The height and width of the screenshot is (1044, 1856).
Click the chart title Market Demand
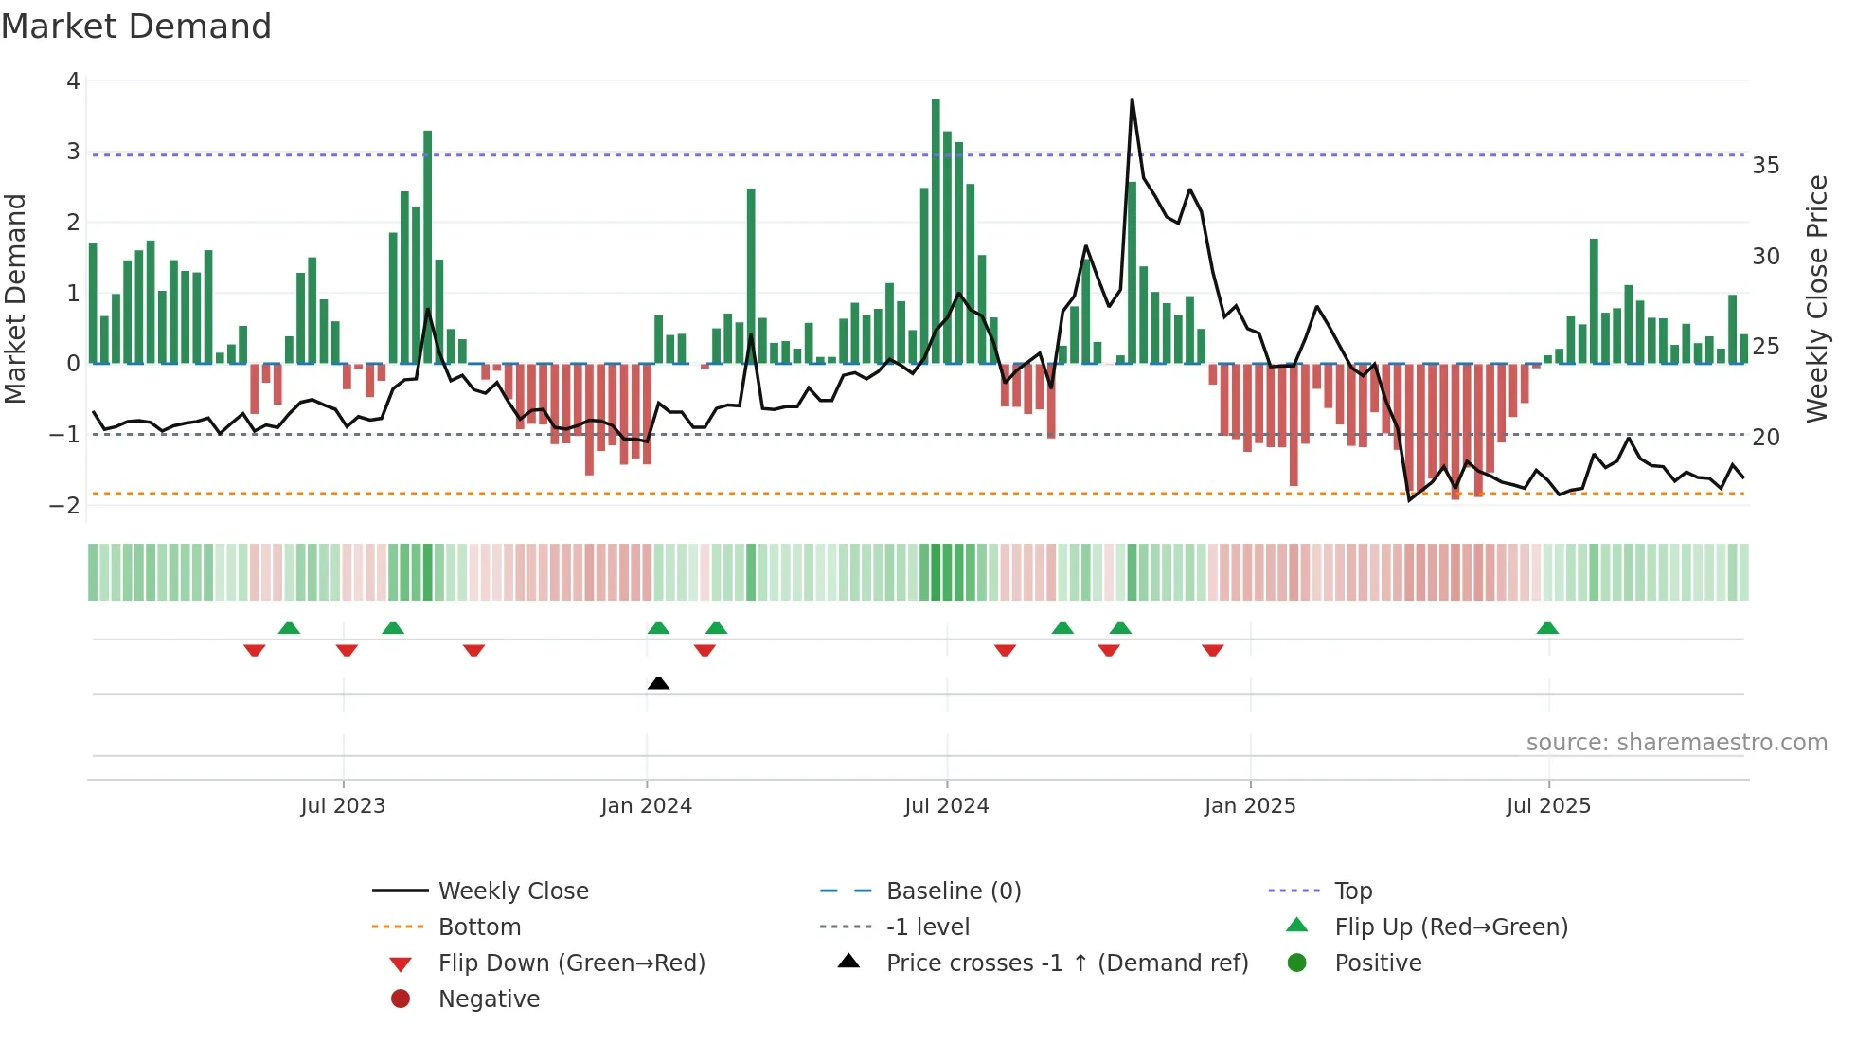click(136, 27)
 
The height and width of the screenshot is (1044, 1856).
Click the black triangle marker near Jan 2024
click(658, 683)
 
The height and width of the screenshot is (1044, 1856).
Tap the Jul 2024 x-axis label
click(946, 806)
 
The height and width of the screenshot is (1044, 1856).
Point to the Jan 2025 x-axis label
click(1249, 806)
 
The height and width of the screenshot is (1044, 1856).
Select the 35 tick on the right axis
click(1765, 166)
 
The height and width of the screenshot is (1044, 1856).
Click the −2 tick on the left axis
click(64, 505)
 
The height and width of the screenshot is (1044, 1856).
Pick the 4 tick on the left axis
click(73, 81)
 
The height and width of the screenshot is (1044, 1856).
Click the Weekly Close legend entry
click(512, 891)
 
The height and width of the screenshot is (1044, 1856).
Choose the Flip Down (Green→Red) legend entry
click(571, 963)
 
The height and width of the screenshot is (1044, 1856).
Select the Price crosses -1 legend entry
click(1066, 963)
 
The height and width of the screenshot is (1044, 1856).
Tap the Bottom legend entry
click(479, 927)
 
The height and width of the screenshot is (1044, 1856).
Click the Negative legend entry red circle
click(401, 999)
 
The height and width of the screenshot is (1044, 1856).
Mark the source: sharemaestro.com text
click(1676, 743)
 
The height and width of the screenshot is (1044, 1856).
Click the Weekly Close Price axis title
click(1816, 298)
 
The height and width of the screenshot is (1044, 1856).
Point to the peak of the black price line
click(1132, 99)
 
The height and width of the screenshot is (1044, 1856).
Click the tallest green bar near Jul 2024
click(936, 227)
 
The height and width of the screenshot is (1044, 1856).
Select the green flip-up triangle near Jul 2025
click(1547, 628)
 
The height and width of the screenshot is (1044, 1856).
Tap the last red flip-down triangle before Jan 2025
click(1213, 650)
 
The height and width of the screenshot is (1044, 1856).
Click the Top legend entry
click(1352, 891)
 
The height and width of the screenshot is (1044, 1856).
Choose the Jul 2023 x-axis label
click(343, 806)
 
